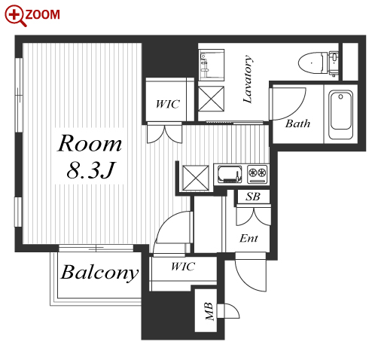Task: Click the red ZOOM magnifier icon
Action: point(16,15)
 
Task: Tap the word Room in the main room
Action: point(90,143)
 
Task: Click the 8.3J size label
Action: point(90,169)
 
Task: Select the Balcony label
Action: point(99,273)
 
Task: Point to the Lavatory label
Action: point(248,78)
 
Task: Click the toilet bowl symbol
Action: point(318,63)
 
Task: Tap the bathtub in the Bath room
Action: point(340,114)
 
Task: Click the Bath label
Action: point(297,124)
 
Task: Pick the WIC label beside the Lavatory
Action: point(167,104)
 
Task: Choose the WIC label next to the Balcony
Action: point(183,267)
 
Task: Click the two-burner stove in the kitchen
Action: point(258,174)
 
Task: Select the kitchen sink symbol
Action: point(230,174)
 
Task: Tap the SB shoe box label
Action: point(253,197)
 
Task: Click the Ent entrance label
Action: point(248,238)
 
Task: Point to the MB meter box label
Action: point(210,311)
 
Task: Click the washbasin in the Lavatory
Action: point(211,65)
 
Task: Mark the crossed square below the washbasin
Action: point(211,99)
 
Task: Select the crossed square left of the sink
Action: point(196,178)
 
